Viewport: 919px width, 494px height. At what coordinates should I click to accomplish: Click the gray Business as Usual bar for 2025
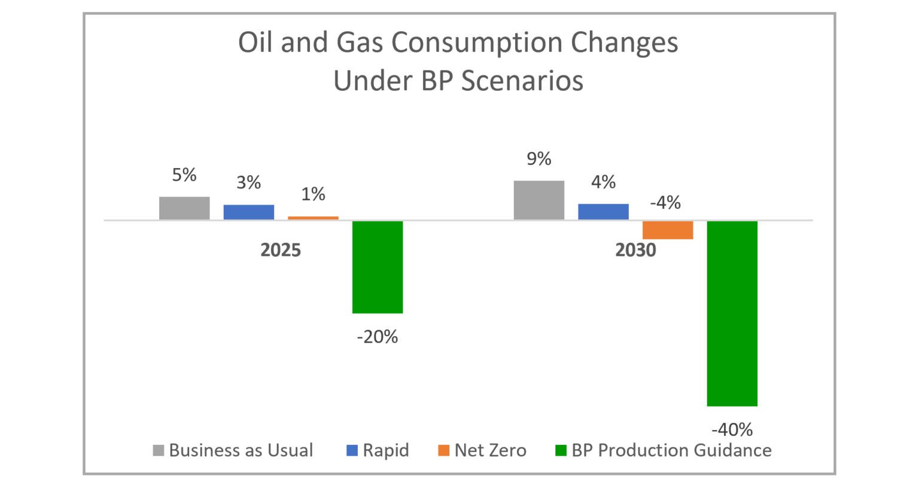pyautogui.click(x=184, y=208)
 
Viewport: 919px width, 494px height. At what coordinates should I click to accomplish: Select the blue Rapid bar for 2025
pyautogui.click(x=249, y=212)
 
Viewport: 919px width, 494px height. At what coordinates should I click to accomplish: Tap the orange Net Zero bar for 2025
pyautogui.click(x=313, y=218)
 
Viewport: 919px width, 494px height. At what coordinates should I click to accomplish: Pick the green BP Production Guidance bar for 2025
pyautogui.click(x=378, y=267)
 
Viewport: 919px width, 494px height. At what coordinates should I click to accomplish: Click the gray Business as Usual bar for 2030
pyautogui.click(x=539, y=200)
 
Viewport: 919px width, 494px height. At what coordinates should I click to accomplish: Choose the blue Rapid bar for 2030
pyautogui.click(x=603, y=212)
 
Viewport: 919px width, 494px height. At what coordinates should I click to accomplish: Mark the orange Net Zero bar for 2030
pyautogui.click(x=668, y=230)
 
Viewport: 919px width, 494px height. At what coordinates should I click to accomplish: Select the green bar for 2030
pyautogui.click(x=732, y=313)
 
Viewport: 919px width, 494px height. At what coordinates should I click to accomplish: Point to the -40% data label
pyautogui.click(x=732, y=429)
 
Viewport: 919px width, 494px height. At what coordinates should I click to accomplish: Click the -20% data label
pyautogui.click(x=378, y=337)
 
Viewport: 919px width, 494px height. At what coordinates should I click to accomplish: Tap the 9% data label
pyautogui.click(x=539, y=159)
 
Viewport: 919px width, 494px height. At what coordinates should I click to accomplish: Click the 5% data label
pyautogui.click(x=184, y=175)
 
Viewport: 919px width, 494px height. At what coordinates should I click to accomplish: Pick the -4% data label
pyautogui.click(x=665, y=203)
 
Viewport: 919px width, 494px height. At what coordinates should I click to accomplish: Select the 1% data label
pyautogui.click(x=313, y=194)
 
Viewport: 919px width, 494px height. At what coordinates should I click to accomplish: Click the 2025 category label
pyautogui.click(x=281, y=250)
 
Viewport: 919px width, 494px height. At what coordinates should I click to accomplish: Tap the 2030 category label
pyautogui.click(x=635, y=250)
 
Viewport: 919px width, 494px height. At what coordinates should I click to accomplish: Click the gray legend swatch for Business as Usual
pyautogui.click(x=159, y=450)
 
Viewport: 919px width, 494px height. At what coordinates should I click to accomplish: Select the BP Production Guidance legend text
pyautogui.click(x=671, y=450)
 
